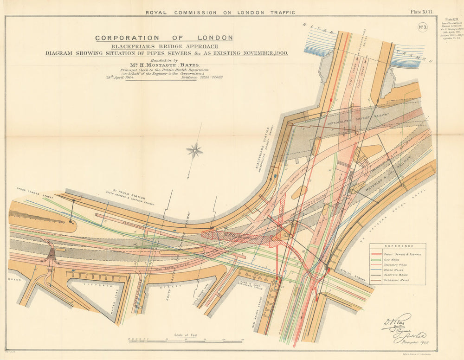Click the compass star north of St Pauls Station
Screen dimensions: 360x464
click(x=195, y=150)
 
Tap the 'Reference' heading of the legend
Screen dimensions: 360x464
click(x=397, y=247)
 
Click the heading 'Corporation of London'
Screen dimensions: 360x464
click(x=164, y=38)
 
